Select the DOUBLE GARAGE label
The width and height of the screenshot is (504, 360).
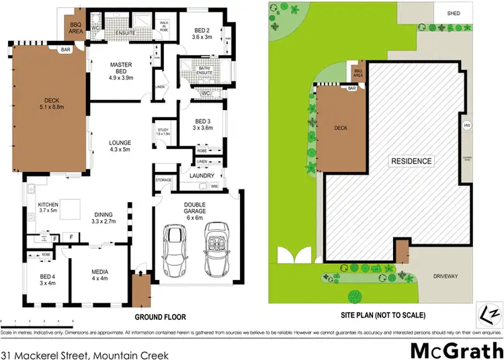click(194, 209)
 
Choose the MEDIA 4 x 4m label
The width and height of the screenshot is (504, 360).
click(99, 275)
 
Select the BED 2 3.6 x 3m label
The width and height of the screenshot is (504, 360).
click(202, 34)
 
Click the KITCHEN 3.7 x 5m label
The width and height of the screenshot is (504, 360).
click(50, 208)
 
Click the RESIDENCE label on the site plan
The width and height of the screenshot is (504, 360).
click(413, 161)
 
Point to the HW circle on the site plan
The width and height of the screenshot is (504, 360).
click(466, 126)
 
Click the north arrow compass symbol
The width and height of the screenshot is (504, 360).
click(491, 314)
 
